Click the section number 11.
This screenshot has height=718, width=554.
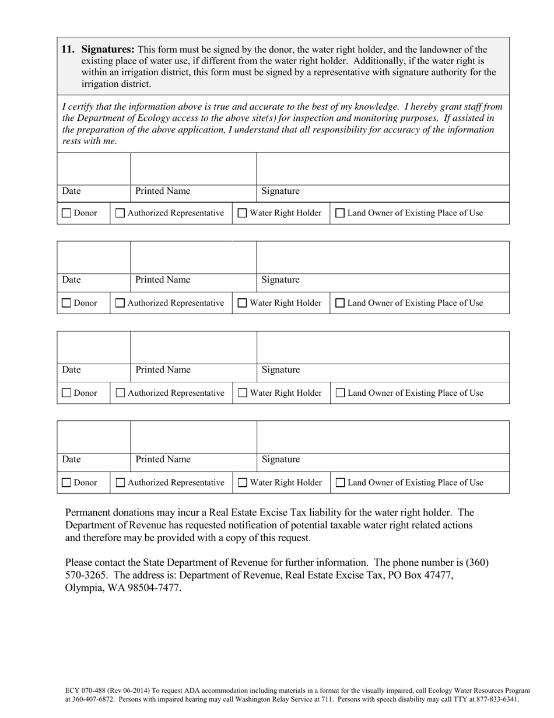point(68,50)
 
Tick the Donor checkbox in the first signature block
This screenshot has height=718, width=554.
point(66,213)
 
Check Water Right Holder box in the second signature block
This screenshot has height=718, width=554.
point(243,303)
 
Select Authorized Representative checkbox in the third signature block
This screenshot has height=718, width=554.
point(120,393)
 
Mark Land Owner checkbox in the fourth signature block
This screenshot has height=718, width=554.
point(341,483)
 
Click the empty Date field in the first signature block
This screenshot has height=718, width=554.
point(93,169)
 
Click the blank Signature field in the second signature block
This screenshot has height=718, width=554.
point(383,257)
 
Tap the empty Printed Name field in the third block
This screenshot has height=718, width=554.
point(193,347)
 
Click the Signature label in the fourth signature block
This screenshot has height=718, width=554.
point(280,459)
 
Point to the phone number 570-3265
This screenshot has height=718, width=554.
point(85,575)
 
